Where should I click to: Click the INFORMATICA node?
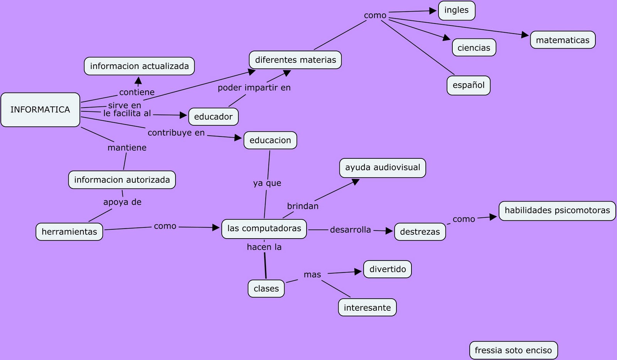[40, 110]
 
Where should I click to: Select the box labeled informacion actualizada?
[139, 66]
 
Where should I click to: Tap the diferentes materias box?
[295, 60]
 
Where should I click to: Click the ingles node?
[457, 10]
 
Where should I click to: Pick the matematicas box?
[563, 40]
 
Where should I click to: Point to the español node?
[469, 85]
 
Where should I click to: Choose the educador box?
[213, 117]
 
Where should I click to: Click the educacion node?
[270, 140]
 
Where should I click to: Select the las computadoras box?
[264, 229]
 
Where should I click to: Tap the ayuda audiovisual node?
[383, 168]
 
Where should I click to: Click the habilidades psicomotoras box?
[557, 210]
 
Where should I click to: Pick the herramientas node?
[69, 232]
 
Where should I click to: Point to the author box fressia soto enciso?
[513, 350]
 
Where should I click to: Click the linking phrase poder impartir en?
[254, 88]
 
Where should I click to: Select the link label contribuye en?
[176, 133]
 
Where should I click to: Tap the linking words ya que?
[267, 183]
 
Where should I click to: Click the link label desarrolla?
[350, 230]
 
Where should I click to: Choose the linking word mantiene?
[127, 148]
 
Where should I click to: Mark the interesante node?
[367, 308]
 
